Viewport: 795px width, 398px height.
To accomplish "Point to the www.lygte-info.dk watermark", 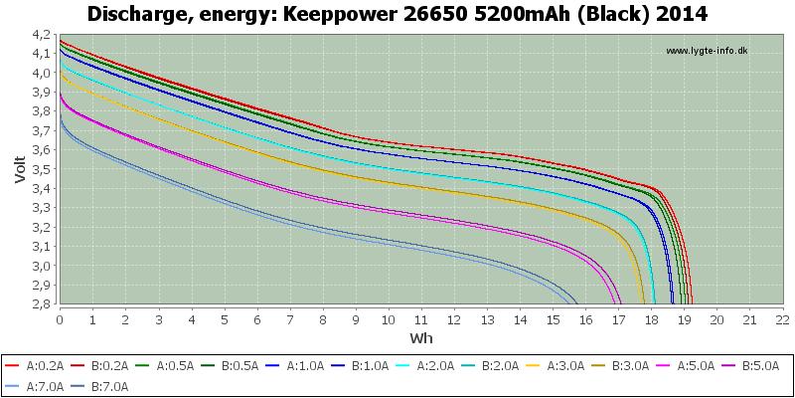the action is coord(707,51).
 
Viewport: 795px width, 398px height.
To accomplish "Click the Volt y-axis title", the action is coord(19,168).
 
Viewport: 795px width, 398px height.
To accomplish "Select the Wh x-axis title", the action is coord(421,337).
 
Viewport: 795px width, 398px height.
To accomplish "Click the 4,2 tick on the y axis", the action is coord(44,35).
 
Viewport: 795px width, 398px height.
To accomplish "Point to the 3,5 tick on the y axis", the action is coord(44,169).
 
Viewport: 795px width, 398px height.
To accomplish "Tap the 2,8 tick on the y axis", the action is coord(44,304).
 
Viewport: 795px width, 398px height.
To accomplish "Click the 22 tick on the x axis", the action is coord(782,319).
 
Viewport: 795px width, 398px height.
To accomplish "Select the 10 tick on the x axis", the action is coord(389,319).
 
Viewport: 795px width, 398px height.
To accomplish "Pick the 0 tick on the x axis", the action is coord(60,319).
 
